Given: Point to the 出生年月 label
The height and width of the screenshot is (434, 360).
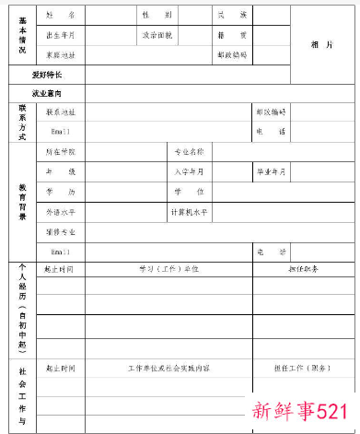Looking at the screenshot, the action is [x=61, y=35].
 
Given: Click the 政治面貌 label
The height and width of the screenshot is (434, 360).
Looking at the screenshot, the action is [x=155, y=35].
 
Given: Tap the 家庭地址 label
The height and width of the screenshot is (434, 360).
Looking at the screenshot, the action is [x=61, y=54].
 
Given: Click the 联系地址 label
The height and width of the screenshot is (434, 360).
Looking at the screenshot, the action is [x=61, y=111].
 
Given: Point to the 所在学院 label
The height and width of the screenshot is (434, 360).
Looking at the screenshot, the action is [x=61, y=151].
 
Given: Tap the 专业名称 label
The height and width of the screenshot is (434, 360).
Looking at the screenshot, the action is [x=189, y=151].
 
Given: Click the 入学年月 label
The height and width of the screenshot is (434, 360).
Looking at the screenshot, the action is [x=189, y=172].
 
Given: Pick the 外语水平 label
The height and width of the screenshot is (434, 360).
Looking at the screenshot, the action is [x=61, y=212].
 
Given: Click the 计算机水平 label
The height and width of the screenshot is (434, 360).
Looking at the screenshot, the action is [x=189, y=212].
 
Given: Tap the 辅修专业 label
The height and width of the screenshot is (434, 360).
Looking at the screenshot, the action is [x=61, y=231].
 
